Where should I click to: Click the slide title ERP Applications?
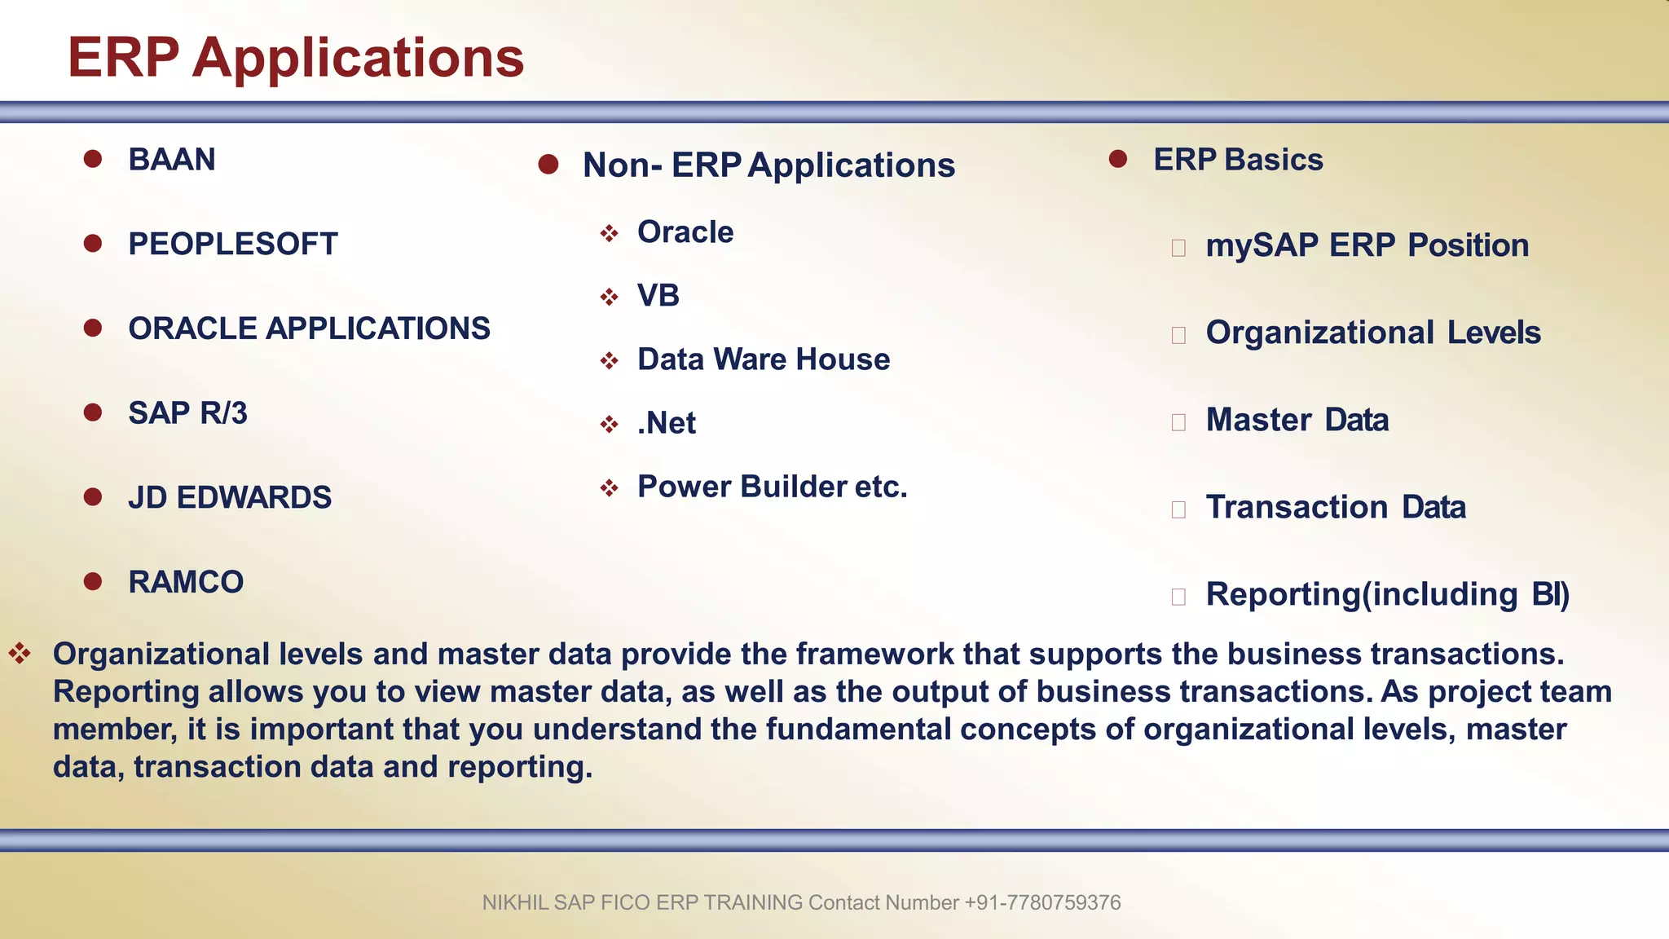pos(295,59)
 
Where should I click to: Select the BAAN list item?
pos(172,160)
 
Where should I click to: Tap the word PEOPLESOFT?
pos(233,245)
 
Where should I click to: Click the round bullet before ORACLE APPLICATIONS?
pos(93,328)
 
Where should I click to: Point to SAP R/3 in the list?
pos(187,413)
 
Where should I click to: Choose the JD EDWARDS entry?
pos(230,498)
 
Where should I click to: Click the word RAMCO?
pos(186,582)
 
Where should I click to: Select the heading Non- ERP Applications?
pos(768,165)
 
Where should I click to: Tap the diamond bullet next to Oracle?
pos(609,234)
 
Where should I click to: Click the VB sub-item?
pos(658,296)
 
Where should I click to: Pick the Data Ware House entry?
pos(764,359)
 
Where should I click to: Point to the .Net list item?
pos(667,423)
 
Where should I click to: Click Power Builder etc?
pos(772,487)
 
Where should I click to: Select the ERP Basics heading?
pos(1238,160)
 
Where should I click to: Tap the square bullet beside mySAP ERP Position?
pos(1178,248)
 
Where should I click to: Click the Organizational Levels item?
pos(1373,333)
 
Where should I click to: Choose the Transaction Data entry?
pos(1336,507)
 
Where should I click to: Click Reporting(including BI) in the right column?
pos(1387,594)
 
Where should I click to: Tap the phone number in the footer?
pos(1042,903)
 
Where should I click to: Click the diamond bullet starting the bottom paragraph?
pos(20,652)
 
